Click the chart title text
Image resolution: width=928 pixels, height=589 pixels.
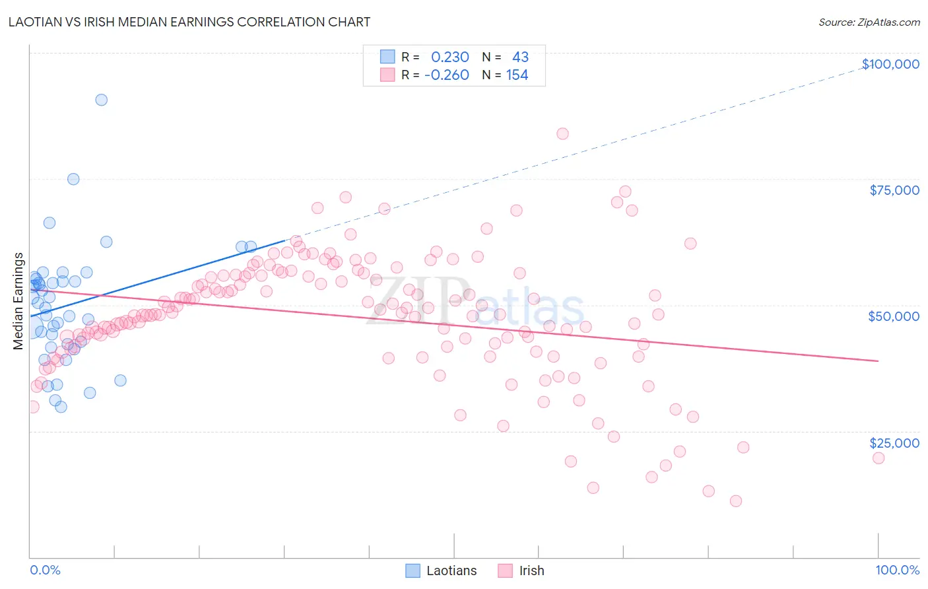[189, 22]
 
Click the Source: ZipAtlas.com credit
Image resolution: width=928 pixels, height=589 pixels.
[869, 22]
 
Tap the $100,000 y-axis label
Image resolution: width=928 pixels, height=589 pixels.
[890, 64]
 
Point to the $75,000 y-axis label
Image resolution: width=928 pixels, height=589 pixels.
[894, 190]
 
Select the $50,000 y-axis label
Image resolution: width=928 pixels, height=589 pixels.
[893, 316]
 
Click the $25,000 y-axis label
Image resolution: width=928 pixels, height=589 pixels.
[894, 443]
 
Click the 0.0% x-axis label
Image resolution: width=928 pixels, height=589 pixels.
[45, 570]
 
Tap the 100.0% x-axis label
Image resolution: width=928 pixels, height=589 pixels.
[897, 570]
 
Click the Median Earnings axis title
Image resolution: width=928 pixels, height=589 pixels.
[18, 301]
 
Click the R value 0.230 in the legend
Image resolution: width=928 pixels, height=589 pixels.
[449, 57]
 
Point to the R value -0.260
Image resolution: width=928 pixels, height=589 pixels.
[446, 75]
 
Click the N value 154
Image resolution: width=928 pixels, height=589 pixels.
[517, 75]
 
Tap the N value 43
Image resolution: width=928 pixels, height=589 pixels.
[520, 57]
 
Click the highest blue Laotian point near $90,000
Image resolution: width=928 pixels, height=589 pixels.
[101, 100]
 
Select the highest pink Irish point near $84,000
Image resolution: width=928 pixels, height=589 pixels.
[562, 133]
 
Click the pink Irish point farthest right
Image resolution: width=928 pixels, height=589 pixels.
[878, 458]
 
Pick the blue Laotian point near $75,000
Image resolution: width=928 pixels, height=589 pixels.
[73, 179]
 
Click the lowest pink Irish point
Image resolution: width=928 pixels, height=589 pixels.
[736, 501]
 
